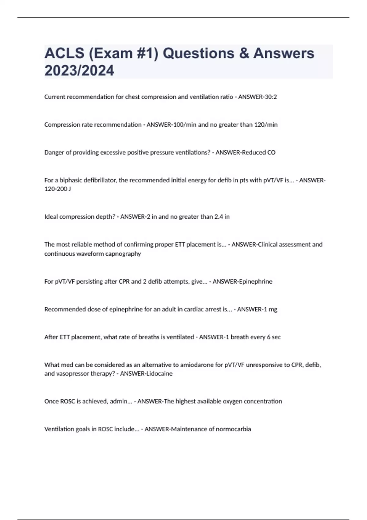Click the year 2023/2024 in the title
(79, 71)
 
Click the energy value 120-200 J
(57, 189)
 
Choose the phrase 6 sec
(273, 337)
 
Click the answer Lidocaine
(159, 374)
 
